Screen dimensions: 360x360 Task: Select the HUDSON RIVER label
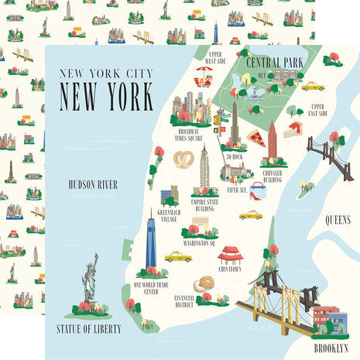point(92,184)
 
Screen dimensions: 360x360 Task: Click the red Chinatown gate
point(231,255)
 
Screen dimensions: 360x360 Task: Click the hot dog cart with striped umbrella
point(203,76)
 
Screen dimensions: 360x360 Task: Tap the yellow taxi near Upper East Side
point(312,86)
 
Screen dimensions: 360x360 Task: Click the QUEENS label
point(338,219)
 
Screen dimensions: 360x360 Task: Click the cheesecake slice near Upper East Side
point(292,132)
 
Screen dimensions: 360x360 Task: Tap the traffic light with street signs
point(220,117)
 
